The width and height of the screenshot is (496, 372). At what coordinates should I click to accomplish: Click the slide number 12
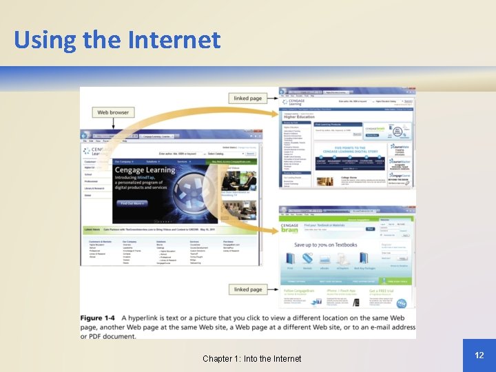(x=479, y=355)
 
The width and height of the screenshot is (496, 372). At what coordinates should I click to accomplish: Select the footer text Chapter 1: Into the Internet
(x=251, y=358)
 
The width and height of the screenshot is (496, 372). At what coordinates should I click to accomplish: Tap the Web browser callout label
(x=113, y=112)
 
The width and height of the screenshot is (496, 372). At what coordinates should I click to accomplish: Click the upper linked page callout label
(x=247, y=99)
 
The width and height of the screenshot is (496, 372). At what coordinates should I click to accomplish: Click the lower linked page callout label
(x=247, y=289)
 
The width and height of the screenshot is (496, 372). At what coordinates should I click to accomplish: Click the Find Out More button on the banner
(x=132, y=203)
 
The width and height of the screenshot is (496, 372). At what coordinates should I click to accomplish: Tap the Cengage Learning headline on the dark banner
(x=145, y=170)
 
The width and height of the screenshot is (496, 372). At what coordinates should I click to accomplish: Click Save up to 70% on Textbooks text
(x=326, y=245)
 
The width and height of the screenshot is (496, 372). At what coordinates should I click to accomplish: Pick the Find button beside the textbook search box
(x=370, y=229)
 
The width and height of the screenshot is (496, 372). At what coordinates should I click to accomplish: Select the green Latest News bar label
(x=92, y=229)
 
